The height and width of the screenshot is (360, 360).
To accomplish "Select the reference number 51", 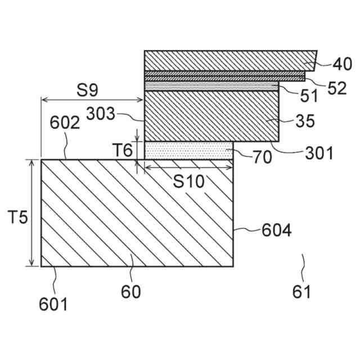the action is [x=309, y=95].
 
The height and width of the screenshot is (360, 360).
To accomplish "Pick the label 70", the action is [x=262, y=157].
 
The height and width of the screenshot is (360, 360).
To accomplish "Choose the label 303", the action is [x=101, y=114].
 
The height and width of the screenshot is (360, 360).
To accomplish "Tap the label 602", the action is [x=65, y=123].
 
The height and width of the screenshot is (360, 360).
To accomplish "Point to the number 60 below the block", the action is [x=130, y=292].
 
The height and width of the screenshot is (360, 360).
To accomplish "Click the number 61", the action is [x=301, y=292].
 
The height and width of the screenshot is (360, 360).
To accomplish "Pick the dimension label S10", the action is [x=188, y=181].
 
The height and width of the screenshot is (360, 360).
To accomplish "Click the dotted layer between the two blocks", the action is [x=188, y=151].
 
